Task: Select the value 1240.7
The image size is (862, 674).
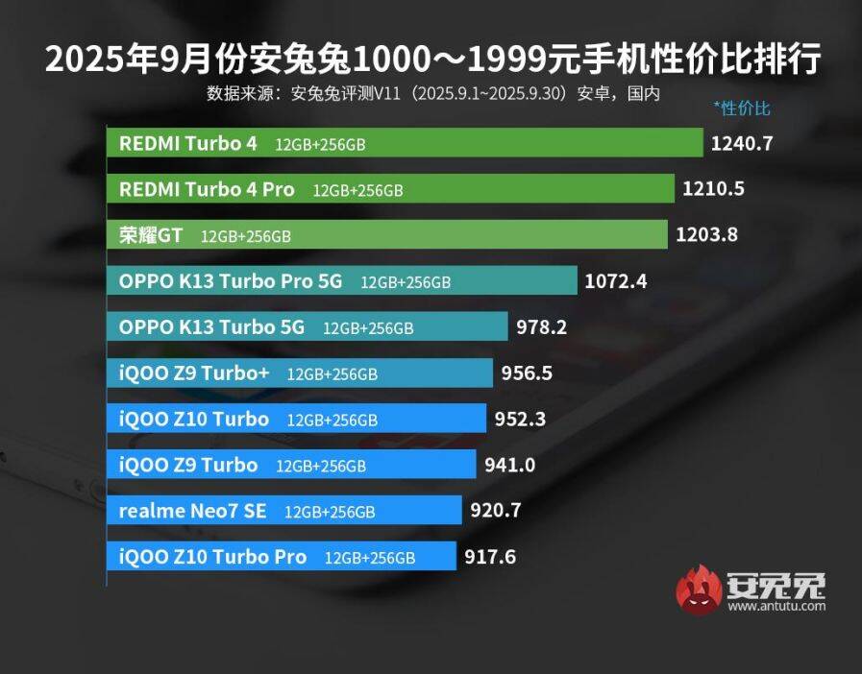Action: [x=742, y=144]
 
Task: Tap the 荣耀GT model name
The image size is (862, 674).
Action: [x=151, y=235]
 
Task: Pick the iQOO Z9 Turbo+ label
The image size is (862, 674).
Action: [x=194, y=373]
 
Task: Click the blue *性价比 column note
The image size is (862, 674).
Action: [x=742, y=108]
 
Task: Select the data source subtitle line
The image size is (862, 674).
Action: [x=432, y=94]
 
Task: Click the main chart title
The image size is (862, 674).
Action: [x=432, y=60]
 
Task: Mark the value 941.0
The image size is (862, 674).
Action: [x=509, y=466]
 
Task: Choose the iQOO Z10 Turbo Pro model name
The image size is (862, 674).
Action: [x=212, y=557]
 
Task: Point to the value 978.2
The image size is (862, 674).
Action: [x=541, y=327]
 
